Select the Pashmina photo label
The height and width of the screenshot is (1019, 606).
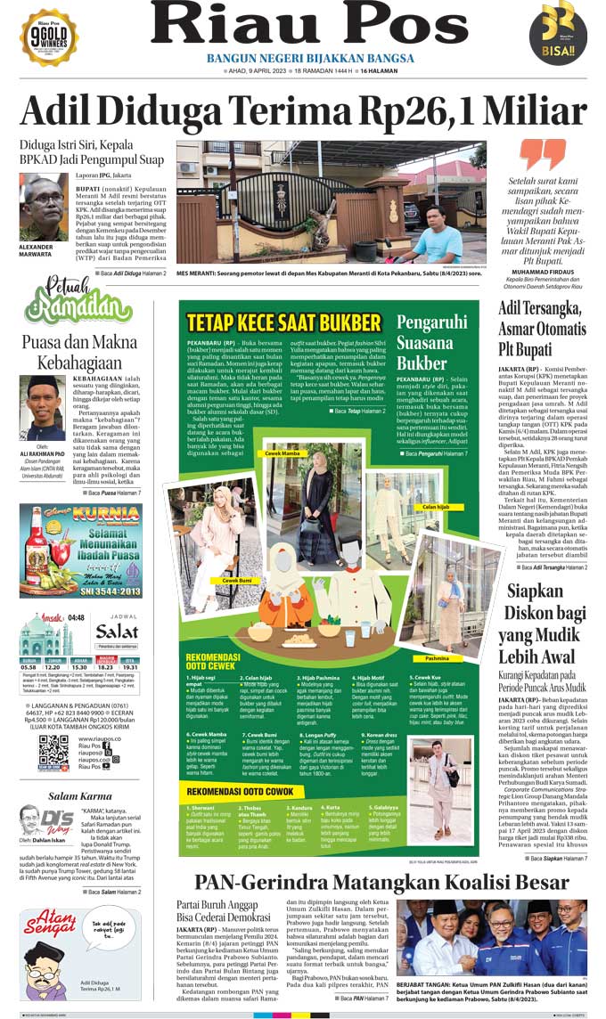(x=437, y=658)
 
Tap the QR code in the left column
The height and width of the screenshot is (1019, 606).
(x=53, y=753)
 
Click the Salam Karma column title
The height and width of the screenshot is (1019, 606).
(x=80, y=796)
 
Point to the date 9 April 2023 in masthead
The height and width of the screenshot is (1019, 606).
(x=258, y=70)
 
